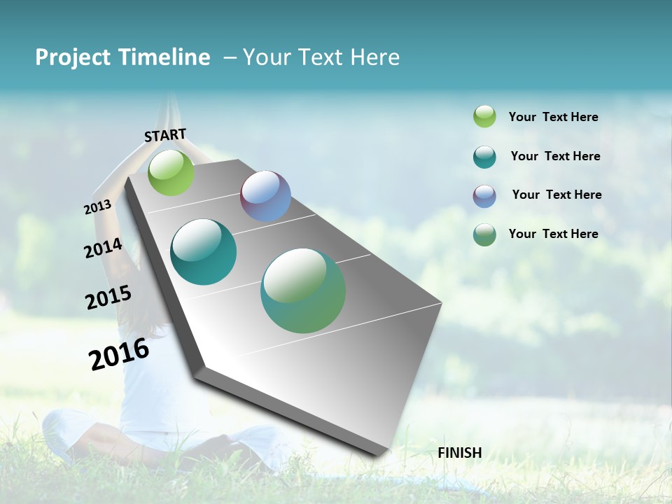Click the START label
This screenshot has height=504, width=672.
click(165, 134)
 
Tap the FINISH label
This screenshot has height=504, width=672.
click(460, 453)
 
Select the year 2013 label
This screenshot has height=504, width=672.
click(97, 207)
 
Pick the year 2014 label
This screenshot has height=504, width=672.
click(103, 248)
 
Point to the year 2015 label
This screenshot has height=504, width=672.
click(108, 297)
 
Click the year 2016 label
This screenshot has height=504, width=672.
click(119, 353)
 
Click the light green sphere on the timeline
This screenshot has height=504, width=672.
click(171, 173)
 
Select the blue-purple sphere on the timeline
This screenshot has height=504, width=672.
click(265, 196)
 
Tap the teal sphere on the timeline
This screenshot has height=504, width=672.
click(204, 252)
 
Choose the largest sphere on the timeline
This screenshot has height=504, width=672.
click(303, 290)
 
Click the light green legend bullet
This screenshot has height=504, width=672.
click(484, 117)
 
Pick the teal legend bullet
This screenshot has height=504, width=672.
click(484, 157)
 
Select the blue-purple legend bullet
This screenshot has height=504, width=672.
click(484, 196)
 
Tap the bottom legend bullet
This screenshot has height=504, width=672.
click(484, 234)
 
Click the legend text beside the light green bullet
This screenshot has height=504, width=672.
click(553, 118)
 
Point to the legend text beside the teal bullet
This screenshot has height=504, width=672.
click(555, 156)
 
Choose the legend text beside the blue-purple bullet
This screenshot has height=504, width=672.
click(556, 195)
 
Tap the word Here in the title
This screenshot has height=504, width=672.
click(374, 57)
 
